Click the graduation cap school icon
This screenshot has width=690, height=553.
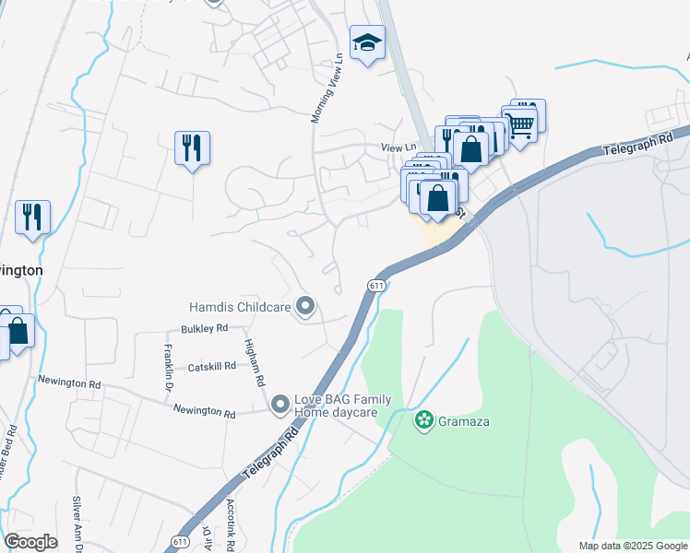[x=367, y=42]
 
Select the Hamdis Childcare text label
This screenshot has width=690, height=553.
[x=240, y=306]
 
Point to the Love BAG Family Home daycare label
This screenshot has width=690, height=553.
[x=342, y=406]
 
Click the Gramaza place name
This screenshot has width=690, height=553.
[x=463, y=422]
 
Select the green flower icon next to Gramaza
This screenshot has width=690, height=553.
[x=424, y=421]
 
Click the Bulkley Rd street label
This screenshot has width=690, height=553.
[x=205, y=328]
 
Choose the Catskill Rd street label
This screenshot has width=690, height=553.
[x=209, y=367]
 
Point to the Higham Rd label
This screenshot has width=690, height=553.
[x=255, y=361]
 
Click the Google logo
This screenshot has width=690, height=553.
[x=30, y=542]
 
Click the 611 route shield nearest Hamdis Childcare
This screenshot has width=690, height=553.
[x=375, y=286]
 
